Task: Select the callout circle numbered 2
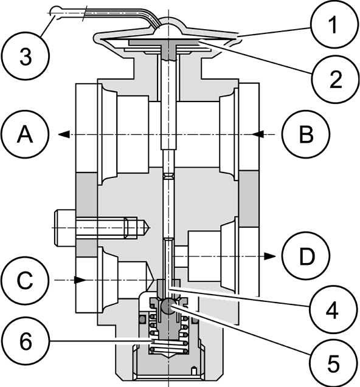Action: (335, 79)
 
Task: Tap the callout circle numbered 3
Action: (26, 57)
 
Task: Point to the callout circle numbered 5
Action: (333, 363)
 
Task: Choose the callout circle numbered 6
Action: (26, 341)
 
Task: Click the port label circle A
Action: (24, 134)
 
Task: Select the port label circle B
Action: (306, 134)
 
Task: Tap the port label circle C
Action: (24, 280)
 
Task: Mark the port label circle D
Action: (306, 256)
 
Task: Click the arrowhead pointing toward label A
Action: (64, 134)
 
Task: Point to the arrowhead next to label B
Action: (258, 134)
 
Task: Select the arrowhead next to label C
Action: (80, 280)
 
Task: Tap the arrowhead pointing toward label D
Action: (269, 256)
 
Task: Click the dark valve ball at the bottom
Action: (168, 307)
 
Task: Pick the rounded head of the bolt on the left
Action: (65, 228)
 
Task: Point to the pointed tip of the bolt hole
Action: (149, 228)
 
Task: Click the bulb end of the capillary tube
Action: (56, 12)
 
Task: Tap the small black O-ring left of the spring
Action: (142, 320)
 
